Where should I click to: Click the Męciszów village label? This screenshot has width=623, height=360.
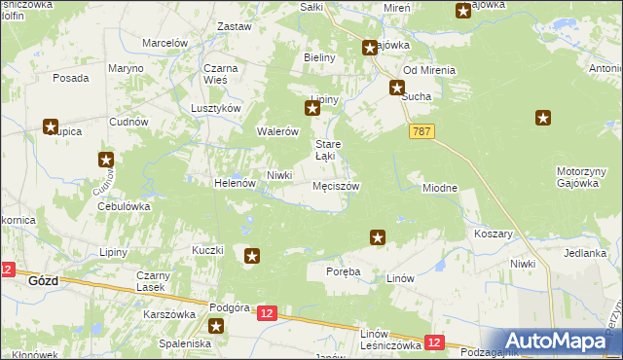(x=336, y=186)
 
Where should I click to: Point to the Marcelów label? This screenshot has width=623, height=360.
(x=165, y=43)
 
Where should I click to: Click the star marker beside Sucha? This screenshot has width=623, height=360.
(x=398, y=88)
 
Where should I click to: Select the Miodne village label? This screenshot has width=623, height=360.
(x=440, y=188)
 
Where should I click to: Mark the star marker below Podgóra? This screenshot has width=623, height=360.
(x=216, y=327)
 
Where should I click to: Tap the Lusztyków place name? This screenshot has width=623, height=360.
(x=215, y=109)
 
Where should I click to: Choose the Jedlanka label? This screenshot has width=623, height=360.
(x=584, y=252)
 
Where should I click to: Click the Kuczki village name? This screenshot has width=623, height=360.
(x=207, y=250)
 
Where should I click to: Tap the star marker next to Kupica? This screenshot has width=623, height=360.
(x=50, y=126)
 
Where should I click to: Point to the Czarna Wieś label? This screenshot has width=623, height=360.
(x=222, y=75)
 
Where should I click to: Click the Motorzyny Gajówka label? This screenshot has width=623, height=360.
(x=582, y=177)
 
